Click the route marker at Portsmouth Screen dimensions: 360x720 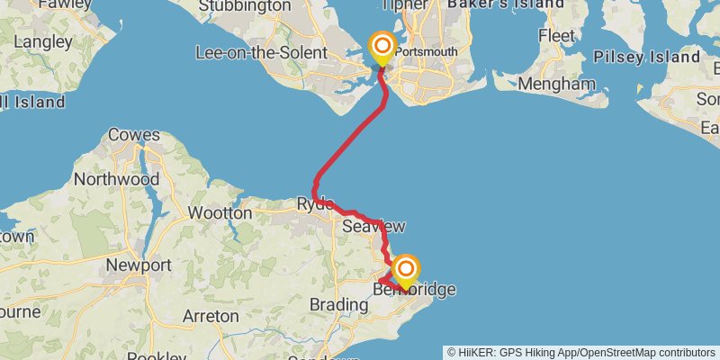point(382,47)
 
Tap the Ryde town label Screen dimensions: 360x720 point(315,204)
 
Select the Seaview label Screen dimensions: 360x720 point(373,227)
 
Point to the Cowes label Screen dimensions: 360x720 point(134,136)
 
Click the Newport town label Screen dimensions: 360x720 point(138,265)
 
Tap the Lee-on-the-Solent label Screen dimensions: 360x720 point(261,52)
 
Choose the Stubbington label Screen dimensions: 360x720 point(243,6)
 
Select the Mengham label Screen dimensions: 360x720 point(558,85)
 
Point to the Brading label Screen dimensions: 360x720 point(339,305)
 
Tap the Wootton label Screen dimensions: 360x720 point(220,213)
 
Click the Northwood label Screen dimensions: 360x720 point(116,179)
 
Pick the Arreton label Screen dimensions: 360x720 point(211,316)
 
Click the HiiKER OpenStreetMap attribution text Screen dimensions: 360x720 point(582,352)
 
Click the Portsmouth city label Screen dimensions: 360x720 point(426,51)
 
